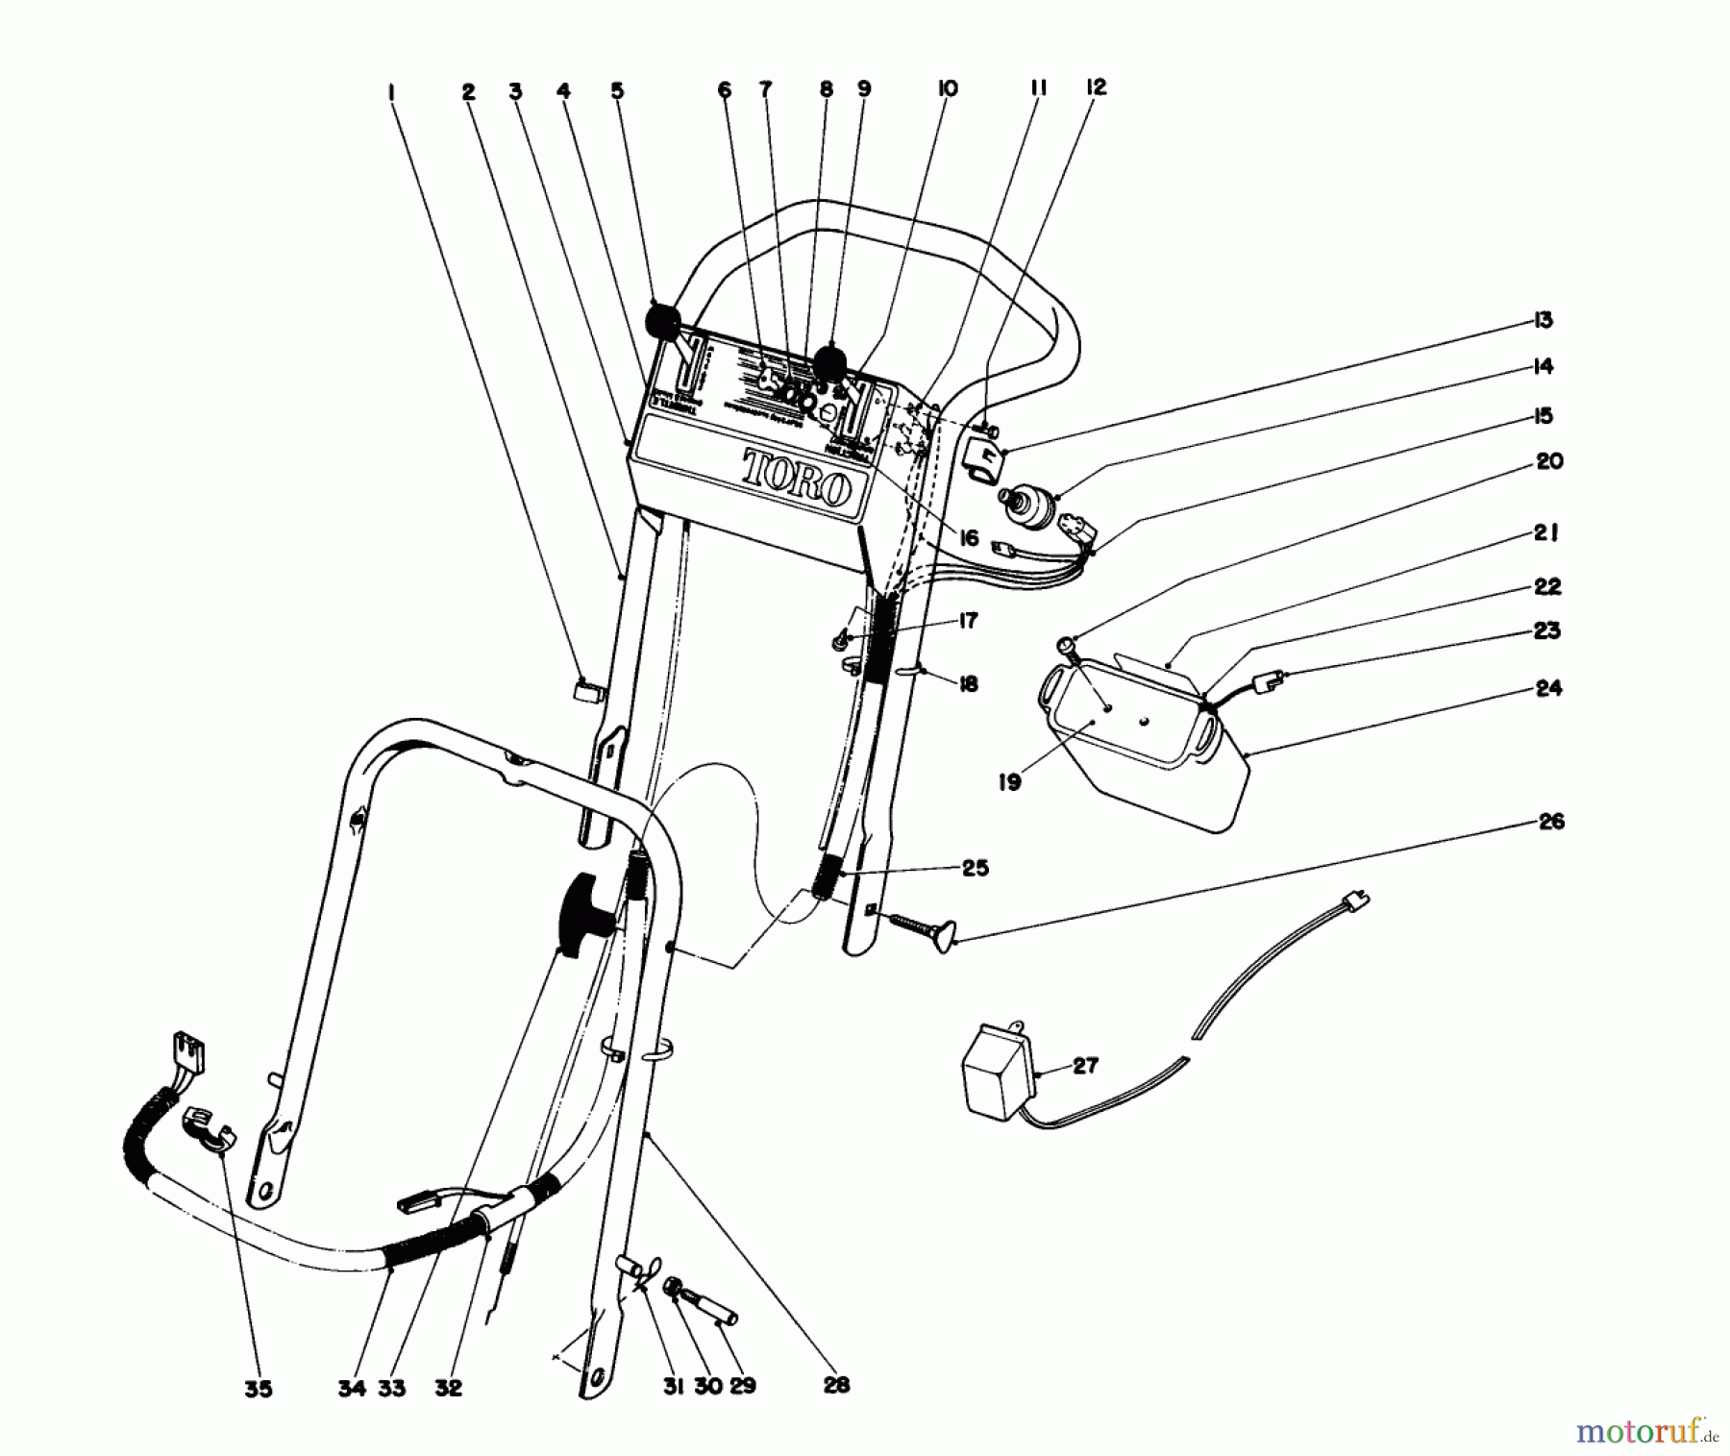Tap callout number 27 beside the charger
1084,1066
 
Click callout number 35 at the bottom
258,1388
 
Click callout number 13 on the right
1543,320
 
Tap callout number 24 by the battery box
1548,688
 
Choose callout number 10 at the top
947,89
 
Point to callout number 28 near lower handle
836,1385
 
